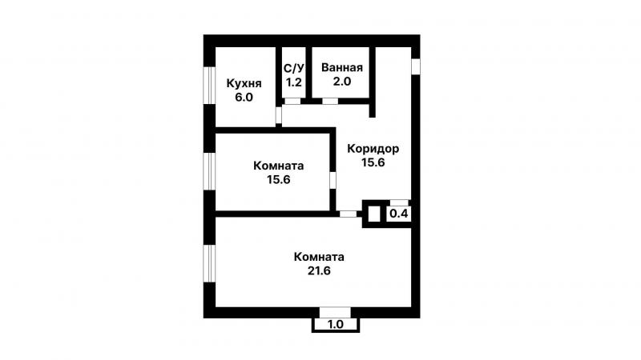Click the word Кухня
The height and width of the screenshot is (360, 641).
pyautogui.click(x=244, y=84)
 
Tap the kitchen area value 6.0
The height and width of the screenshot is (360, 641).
pyautogui.click(x=244, y=98)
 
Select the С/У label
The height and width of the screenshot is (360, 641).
pyautogui.click(x=294, y=68)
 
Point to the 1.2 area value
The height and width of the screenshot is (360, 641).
pyautogui.click(x=294, y=82)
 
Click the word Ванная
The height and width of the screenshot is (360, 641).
pyautogui.click(x=342, y=67)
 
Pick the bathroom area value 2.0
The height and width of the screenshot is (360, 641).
pyautogui.click(x=342, y=82)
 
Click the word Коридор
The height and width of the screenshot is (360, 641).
pyautogui.click(x=373, y=149)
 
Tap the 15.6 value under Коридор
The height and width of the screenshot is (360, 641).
pyautogui.click(x=373, y=162)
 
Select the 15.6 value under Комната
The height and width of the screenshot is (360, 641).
pyautogui.click(x=279, y=179)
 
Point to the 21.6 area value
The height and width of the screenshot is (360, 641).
pyautogui.click(x=319, y=270)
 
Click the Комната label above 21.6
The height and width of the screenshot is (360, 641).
pyautogui.click(x=319, y=257)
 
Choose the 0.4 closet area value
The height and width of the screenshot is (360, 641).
pyautogui.click(x=398, y=214)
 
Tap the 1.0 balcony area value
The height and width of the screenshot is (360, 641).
pyautogui.click(x=336, y=325)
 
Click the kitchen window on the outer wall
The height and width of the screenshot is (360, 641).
pyautogui.click(x=209, y=85)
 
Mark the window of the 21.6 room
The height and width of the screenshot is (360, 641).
pyautogui.click(x=209, y=263)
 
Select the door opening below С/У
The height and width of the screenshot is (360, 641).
pyautogui.click(x=292, y=101)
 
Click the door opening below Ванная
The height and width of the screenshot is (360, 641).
pyautogui.click(x=330, y=101)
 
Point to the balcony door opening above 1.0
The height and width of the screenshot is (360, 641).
pyautogui.click(x=335, y=313)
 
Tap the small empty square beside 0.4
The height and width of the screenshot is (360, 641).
pyautogui.click(x=374, y=214)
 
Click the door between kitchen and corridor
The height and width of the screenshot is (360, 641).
pyautogui.click(x=279, y=115)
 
